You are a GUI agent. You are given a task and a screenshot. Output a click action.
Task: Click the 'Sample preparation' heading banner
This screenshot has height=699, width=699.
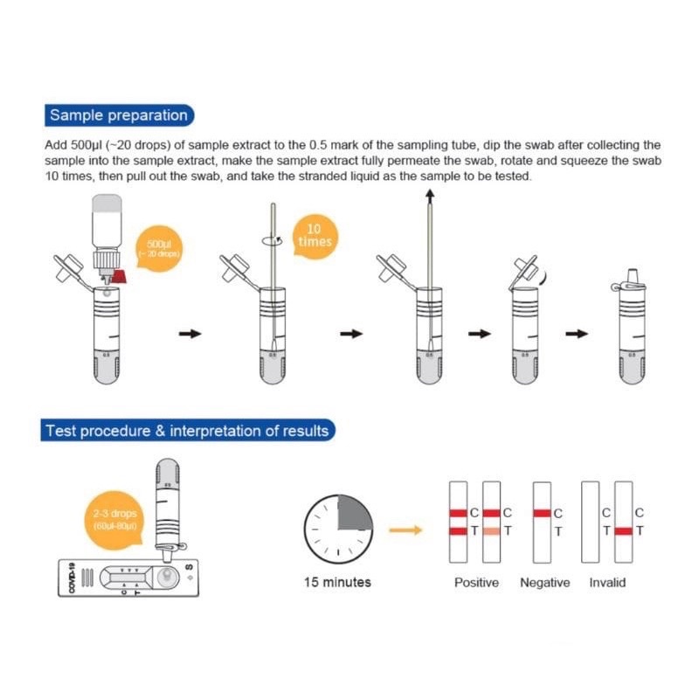pos(119,115)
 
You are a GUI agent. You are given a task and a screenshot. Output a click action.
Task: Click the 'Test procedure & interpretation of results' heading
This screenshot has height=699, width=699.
pos(187,431)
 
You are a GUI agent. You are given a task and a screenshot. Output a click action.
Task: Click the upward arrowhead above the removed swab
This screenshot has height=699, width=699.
pos(431,199)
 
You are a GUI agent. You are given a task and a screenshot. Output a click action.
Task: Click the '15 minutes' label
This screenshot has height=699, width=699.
pos(337,582)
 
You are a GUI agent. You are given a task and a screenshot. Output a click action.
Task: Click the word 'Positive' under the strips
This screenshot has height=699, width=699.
pos(476,582)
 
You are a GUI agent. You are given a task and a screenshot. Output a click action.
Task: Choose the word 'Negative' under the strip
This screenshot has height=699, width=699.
pos(544,582)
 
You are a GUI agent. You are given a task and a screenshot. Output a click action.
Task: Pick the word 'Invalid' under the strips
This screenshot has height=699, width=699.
pos(607,582)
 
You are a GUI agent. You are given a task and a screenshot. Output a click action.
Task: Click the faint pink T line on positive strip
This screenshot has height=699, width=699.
pos(491,530)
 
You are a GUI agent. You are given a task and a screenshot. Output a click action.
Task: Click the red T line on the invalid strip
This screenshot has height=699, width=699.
pos(623,530)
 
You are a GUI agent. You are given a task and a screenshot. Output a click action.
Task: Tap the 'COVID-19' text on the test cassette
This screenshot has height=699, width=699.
pos(73,578)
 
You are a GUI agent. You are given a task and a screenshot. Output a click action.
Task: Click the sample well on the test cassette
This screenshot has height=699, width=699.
pos(167,577)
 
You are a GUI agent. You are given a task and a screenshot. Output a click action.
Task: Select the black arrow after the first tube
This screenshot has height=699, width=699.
pos(190,333)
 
